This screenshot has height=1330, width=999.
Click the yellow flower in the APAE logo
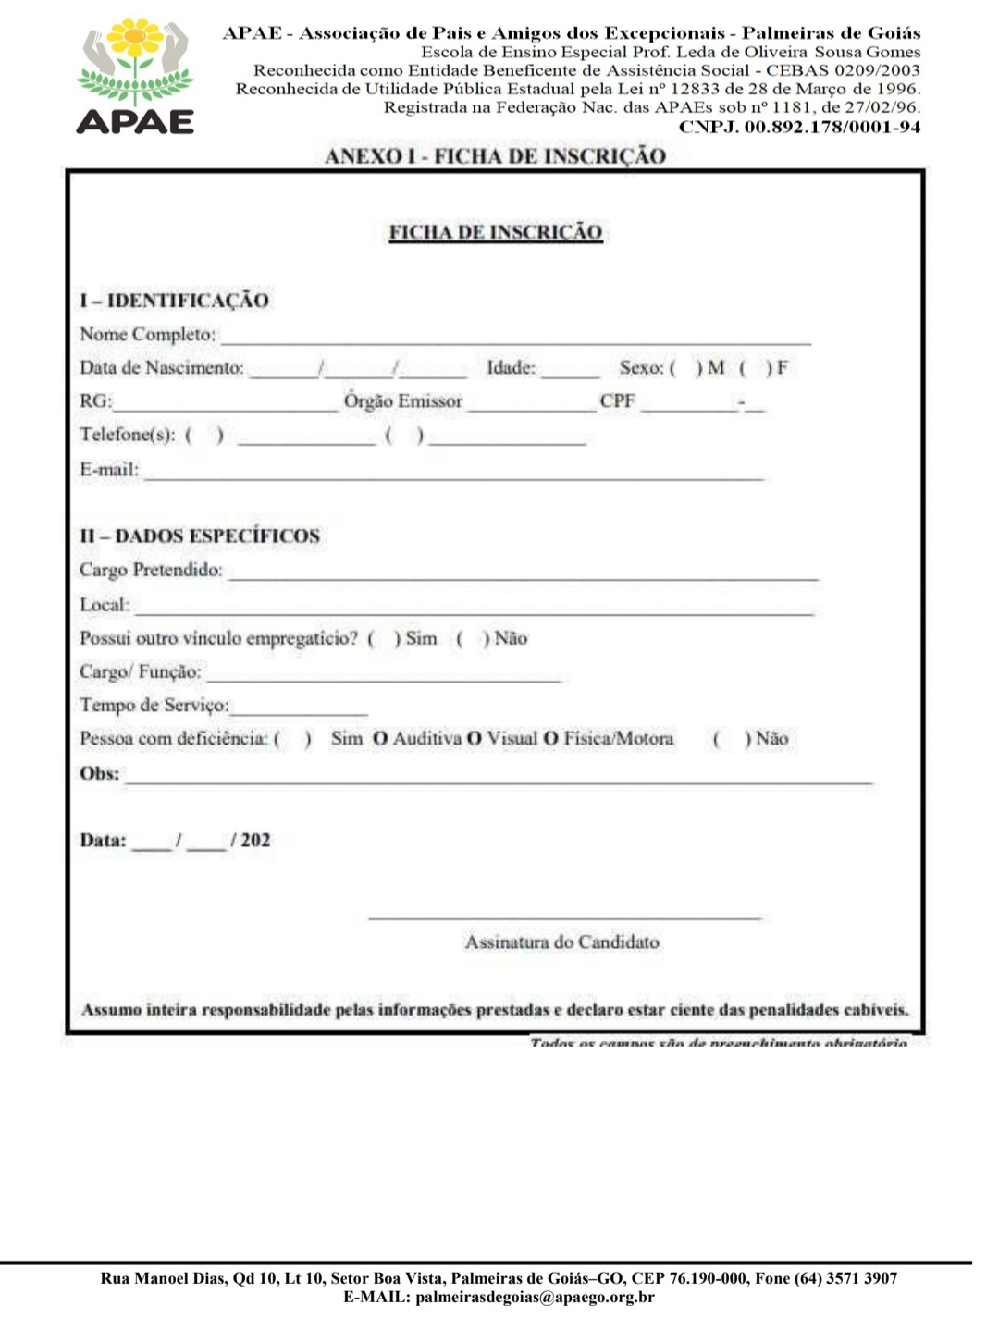[x=136, y=38]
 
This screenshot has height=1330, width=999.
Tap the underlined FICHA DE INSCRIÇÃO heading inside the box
[x=496, y=232]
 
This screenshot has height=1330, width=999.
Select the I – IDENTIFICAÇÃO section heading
[x=174, y=301]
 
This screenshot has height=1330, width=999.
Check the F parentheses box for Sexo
[x=755, y=368]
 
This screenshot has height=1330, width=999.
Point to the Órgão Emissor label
[x=403, y=401]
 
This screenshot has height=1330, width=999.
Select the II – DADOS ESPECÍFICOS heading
[x=200, y=536]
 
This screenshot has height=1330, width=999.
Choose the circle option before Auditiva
[x=380, y=739]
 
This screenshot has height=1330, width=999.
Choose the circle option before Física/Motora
[x=550, y=739]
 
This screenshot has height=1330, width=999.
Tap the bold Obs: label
[x=100, y=773]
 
